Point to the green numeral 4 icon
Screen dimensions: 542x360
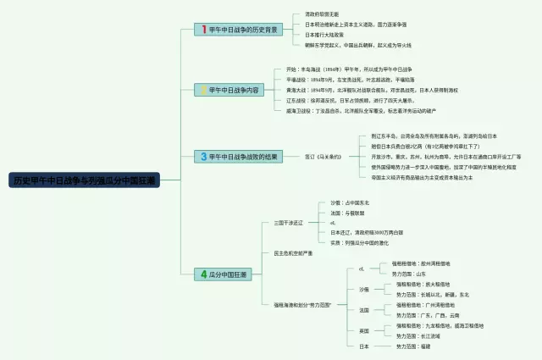(x=203, y=274)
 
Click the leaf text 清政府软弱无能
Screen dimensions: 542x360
(x=326, y=14)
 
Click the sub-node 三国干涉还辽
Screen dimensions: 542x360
(x=288, y=223)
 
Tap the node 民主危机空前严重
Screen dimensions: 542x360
(x=293, y=252)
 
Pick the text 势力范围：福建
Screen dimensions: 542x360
(x=415, y=346)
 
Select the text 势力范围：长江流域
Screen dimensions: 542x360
(x=420, y=336)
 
